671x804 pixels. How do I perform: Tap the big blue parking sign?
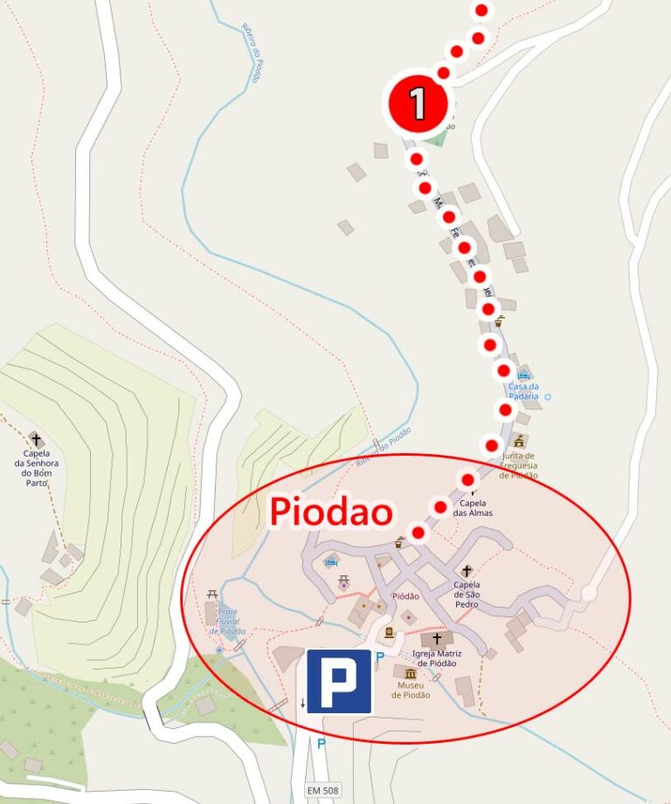tap(339, 681)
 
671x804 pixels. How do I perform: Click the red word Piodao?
tap(330, 512)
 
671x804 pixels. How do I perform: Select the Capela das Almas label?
tap(476, 508)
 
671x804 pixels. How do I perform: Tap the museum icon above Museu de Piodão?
tap(410, 674)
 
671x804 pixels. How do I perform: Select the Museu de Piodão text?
tap(409, 690)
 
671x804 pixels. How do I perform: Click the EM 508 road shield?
tap(322, 789)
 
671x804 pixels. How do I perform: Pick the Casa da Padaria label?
tap(524, 391)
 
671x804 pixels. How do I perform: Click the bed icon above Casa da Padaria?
tap(523, 375)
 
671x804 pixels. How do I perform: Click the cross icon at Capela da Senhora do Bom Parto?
tap(36, 439)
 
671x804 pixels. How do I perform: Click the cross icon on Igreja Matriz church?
tap(437, 638)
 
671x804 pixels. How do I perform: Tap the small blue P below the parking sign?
tap(321, 744)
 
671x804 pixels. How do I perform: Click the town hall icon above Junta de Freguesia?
tap(520, 441)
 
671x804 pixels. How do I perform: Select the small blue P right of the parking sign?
tap(380, 656)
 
